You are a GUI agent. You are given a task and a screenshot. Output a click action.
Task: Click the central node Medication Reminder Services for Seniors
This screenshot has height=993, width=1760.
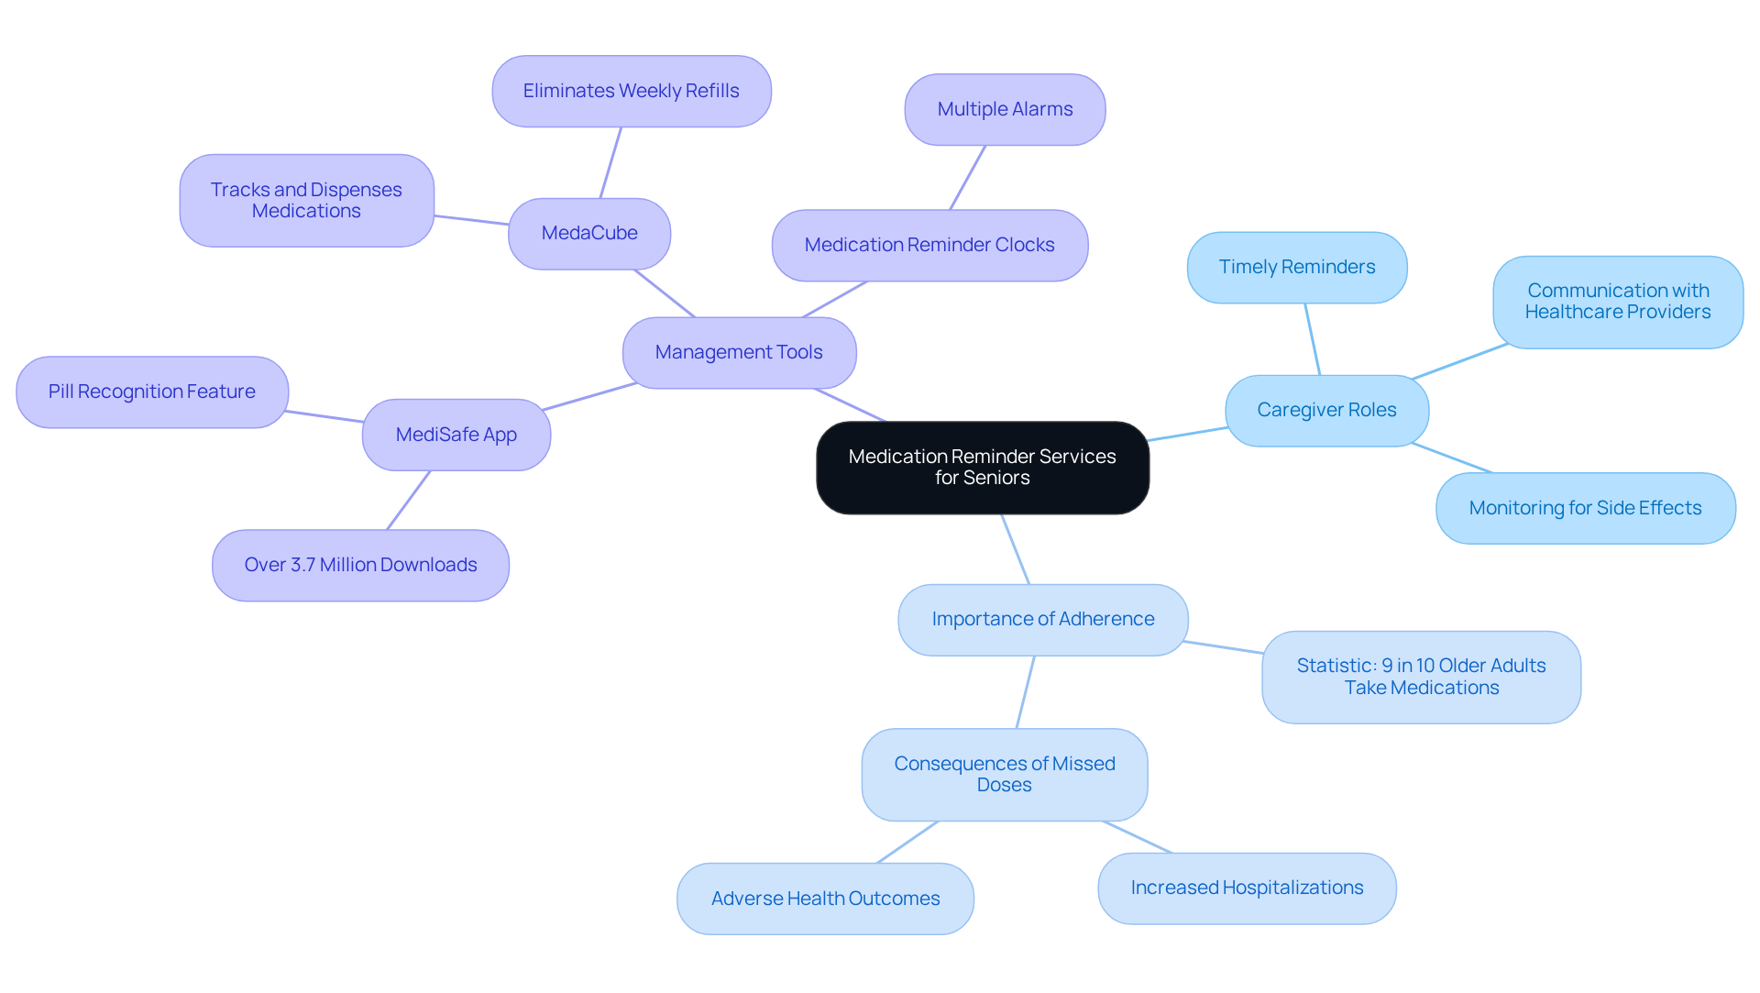[982, 468]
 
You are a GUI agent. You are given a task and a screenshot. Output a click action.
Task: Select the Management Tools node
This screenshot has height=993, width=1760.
[739, 353]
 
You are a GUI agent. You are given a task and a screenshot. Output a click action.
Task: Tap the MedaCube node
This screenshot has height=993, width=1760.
[589, 234]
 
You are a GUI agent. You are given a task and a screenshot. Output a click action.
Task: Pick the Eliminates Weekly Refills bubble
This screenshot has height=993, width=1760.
[631, 92]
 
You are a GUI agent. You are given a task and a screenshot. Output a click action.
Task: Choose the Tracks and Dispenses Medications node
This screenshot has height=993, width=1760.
[306, 201]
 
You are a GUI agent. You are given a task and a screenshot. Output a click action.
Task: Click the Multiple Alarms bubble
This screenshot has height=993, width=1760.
[1005, 110]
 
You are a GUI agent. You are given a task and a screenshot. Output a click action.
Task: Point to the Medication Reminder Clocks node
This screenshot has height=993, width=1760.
[929, 246]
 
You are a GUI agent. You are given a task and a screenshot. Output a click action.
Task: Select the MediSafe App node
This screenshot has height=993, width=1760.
[456, 435]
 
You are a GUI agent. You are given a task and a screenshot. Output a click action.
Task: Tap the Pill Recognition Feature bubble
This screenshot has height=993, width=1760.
[152, 392]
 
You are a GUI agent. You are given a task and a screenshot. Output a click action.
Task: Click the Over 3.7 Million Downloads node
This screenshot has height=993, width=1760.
[360, 566]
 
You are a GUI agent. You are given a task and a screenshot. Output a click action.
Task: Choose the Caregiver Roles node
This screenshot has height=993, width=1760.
[1326, 411]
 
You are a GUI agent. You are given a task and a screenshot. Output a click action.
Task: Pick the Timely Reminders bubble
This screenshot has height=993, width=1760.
[1296, 268]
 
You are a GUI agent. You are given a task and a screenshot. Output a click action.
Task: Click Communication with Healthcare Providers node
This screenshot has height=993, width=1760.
[1617, 302]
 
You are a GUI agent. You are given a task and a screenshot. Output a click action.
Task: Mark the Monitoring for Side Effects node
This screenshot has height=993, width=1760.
[1585, 509]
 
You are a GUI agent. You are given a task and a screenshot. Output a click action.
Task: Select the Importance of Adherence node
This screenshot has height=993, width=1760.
[1042, 620]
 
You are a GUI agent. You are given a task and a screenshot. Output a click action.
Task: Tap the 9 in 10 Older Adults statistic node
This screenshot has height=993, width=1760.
[1421, 678]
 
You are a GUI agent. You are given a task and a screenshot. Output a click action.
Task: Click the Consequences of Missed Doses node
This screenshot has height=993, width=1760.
[1004, 775]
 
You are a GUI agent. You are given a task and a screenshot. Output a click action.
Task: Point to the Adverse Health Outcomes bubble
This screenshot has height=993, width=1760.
[825, 899]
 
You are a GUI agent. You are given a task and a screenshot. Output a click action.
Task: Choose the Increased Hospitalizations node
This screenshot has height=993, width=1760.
[1247, 888]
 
